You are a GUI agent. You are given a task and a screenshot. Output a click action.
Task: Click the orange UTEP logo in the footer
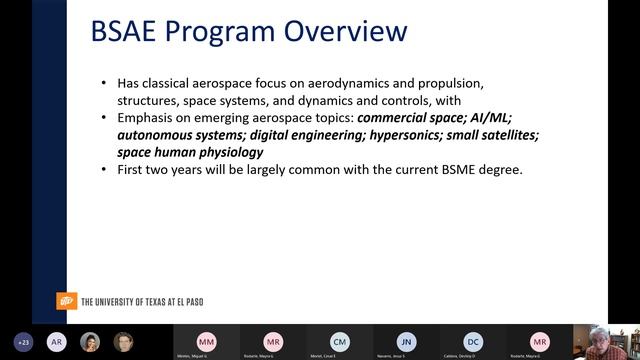[x=66, y=301]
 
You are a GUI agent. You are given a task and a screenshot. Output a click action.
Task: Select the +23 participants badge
[x=24, y=341]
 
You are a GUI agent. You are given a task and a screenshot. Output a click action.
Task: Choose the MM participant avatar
[x=206, y=340]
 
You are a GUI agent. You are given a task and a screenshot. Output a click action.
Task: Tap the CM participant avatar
[x=340, y=340]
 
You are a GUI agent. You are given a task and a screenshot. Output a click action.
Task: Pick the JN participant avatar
[x=405, y=340]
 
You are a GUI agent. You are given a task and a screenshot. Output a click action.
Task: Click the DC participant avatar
[x=473, y=340]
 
